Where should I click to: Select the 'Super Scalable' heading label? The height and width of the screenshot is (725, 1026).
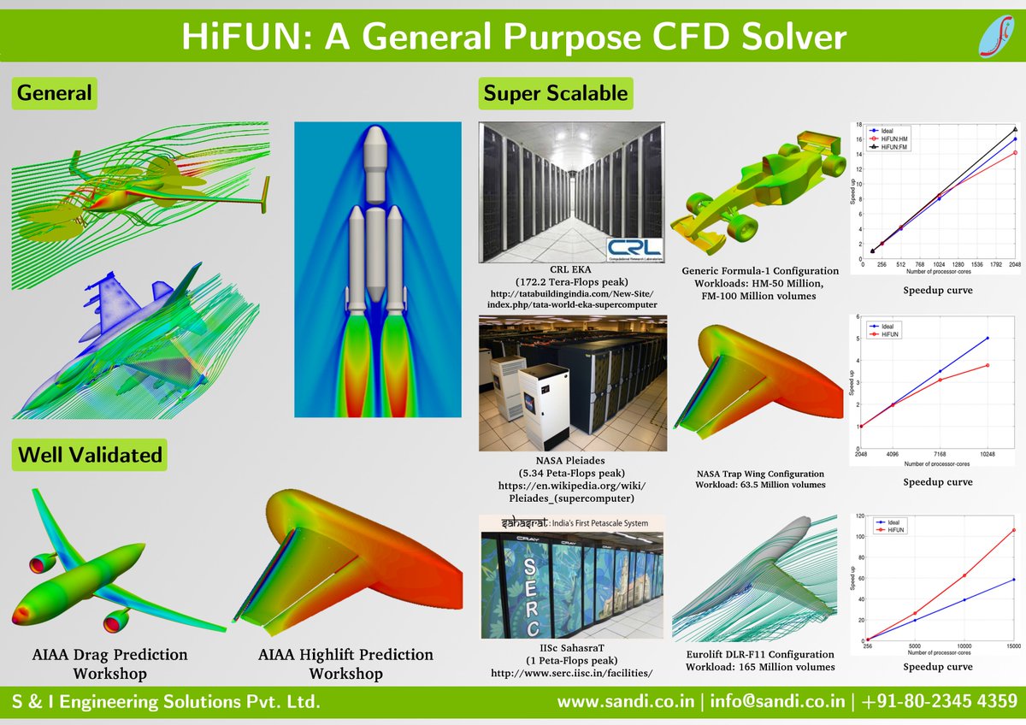pyautogui.click(x=556, y=93)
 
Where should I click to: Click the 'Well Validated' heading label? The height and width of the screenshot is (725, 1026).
pyautogui.click(x=90, y=454)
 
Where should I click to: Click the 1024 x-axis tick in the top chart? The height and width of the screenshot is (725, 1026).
pyautogui.click(x=938, y=265)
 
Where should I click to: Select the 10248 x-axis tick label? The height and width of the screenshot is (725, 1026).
pyautogui.click(x=988, y=453)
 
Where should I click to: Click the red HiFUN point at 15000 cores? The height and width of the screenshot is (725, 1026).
pyautogui.click(x=1014, y=530)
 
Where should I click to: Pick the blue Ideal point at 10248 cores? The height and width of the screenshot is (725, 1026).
pyautogui.click(x=988, y=338)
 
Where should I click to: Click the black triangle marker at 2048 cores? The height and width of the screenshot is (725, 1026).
pyautogui.click(x=1014, y=129)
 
